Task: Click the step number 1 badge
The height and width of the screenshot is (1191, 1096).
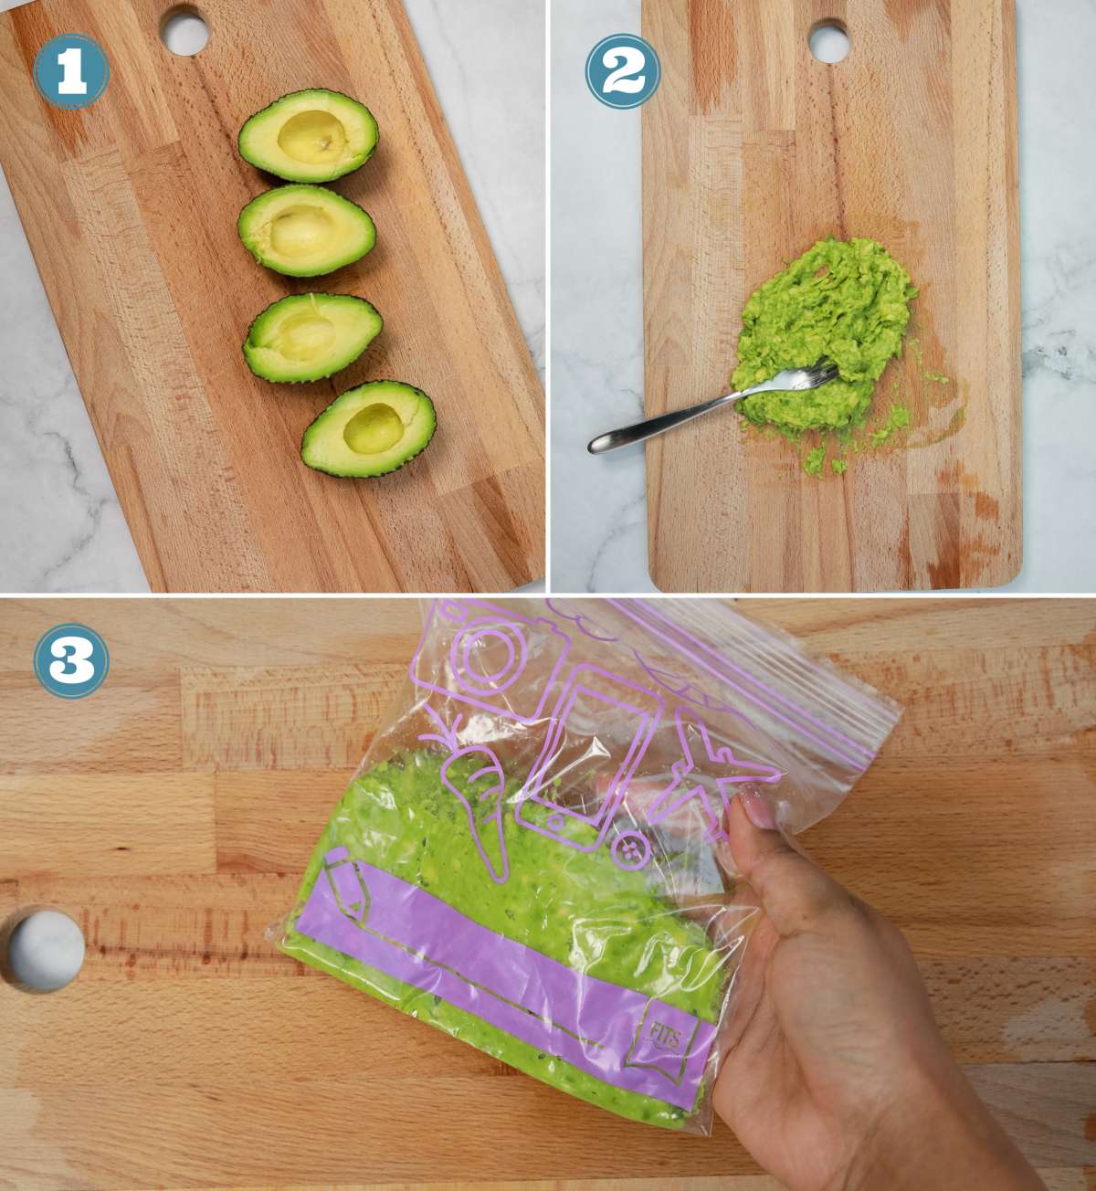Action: point(71,74)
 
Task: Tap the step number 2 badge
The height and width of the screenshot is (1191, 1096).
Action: point(623,74)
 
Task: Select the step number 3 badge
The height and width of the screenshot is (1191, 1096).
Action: point(71,660)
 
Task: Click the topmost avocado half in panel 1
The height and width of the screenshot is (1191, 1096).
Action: point(308,137)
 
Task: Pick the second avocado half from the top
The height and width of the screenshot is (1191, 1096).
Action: point(306,229)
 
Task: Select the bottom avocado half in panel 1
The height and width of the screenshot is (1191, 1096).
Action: point(369,428)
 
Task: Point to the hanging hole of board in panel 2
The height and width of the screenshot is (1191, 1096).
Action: point(827,40)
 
